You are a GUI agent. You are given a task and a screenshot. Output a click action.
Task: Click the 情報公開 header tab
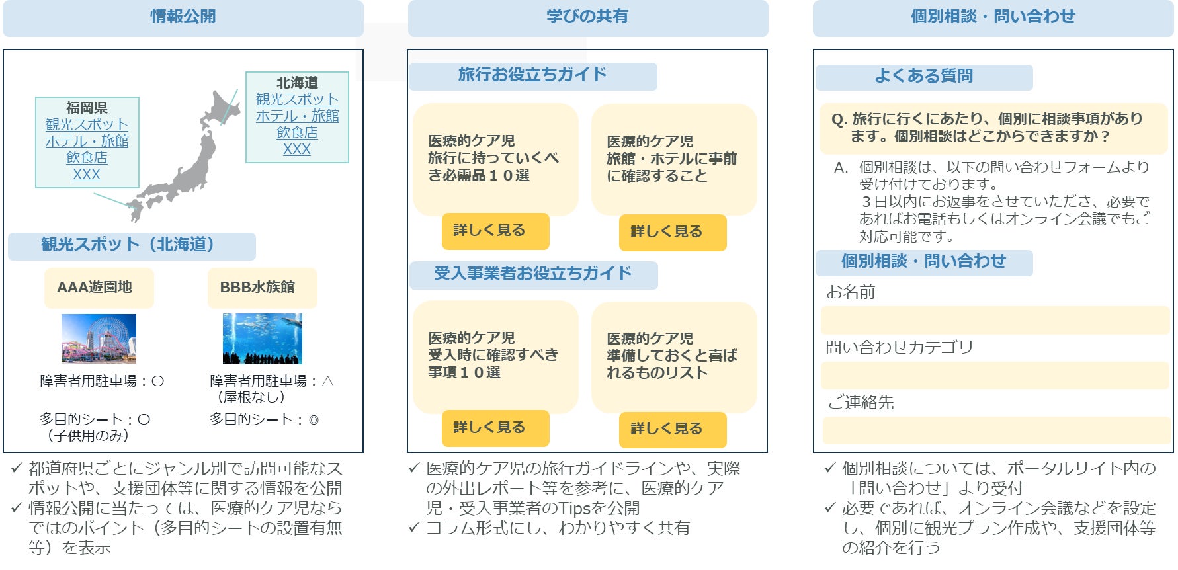pyautogui.click(x=183, y=17)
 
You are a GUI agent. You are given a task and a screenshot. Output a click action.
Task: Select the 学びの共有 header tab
pyautogui.click(x=587, y=17)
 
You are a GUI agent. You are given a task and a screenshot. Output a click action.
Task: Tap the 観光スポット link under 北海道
pyautogui.click(x=297, y=99)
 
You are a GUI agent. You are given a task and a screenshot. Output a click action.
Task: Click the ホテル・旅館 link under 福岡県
pyautogui.click(x=87, y=141)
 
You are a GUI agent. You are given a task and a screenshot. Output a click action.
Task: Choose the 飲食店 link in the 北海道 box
pyautogui.click(x=297, y=132)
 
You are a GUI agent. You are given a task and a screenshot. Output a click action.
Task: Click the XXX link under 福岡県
pyautogui.click(x=87, y=175)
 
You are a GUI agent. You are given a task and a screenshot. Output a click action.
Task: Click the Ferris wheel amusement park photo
pyautogui.click(x=99, y=339)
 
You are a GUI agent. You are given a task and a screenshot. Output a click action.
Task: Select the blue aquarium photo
pyautogui.click(x=262, y=339)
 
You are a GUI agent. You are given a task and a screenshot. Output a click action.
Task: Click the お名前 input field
pyautogui.click(x=995, y=320)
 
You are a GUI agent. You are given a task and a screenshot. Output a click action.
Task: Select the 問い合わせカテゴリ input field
pyautogui.click(x=995, y=375)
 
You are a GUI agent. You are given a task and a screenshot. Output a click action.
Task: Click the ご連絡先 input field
pyautogui.click(x=995, y=430)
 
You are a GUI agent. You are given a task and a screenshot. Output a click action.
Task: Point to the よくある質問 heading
pyautogui.click(x=923, y=77)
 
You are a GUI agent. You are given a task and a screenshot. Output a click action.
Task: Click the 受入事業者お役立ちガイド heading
pyautogui.click(x=533, y=274)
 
